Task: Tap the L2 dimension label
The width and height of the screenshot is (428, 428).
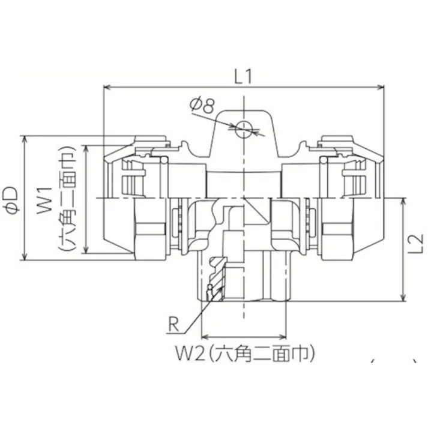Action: point(415,244)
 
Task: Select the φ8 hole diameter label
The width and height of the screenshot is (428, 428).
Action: point(202,106)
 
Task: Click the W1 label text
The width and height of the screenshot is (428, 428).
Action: point(44,201)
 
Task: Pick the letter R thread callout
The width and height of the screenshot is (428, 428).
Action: point(173,325)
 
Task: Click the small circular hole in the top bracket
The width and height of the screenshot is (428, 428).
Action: point(244,129)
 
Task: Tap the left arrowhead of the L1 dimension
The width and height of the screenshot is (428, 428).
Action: point(107,88)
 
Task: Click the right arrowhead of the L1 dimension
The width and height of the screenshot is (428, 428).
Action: point(381,88)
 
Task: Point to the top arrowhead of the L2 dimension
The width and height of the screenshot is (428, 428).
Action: point(403,202)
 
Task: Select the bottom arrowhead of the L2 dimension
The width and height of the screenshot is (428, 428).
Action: point(403,298)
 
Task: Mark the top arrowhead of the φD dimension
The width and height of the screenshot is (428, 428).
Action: point(25,139)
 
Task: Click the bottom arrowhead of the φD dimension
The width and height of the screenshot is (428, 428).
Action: point(25,257)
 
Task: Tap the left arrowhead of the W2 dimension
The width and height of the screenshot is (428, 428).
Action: point(205,337)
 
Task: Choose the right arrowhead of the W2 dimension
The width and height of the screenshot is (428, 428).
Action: point(283,337)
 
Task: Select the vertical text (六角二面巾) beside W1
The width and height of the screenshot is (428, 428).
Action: point(67,199)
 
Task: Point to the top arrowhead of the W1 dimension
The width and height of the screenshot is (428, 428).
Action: point(86,149)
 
